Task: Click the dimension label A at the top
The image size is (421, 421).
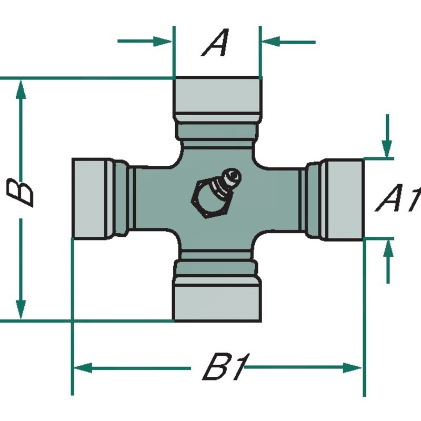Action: click(x=216, y=43)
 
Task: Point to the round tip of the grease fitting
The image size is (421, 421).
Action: click(x=232, y=174)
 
